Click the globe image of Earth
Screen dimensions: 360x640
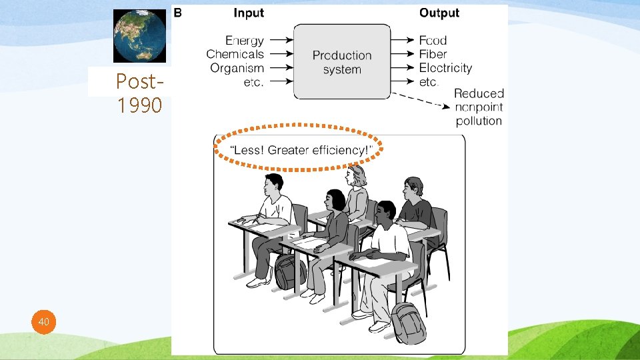(x=139, y=35)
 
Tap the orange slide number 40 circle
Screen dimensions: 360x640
(x=44, y=323)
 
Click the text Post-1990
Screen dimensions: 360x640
(x=139, y=93)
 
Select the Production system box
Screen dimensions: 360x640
(x=342, y=61)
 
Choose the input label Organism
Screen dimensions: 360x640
(x=237, y=68)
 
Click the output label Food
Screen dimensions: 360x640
(x=433, y=41)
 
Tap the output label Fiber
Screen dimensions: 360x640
(x=433, y=54)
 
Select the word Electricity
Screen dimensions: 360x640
(x=445, y=68)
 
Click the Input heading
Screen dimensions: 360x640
(x=249, y=13)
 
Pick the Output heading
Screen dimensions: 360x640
(x=439, y=13)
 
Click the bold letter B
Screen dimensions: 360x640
(x=177, y=12)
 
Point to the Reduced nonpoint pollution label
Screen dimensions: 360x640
(x=479, y=107)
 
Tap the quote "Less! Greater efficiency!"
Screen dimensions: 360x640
(x=299, y=150)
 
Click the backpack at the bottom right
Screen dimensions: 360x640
(x=407, y=323)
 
